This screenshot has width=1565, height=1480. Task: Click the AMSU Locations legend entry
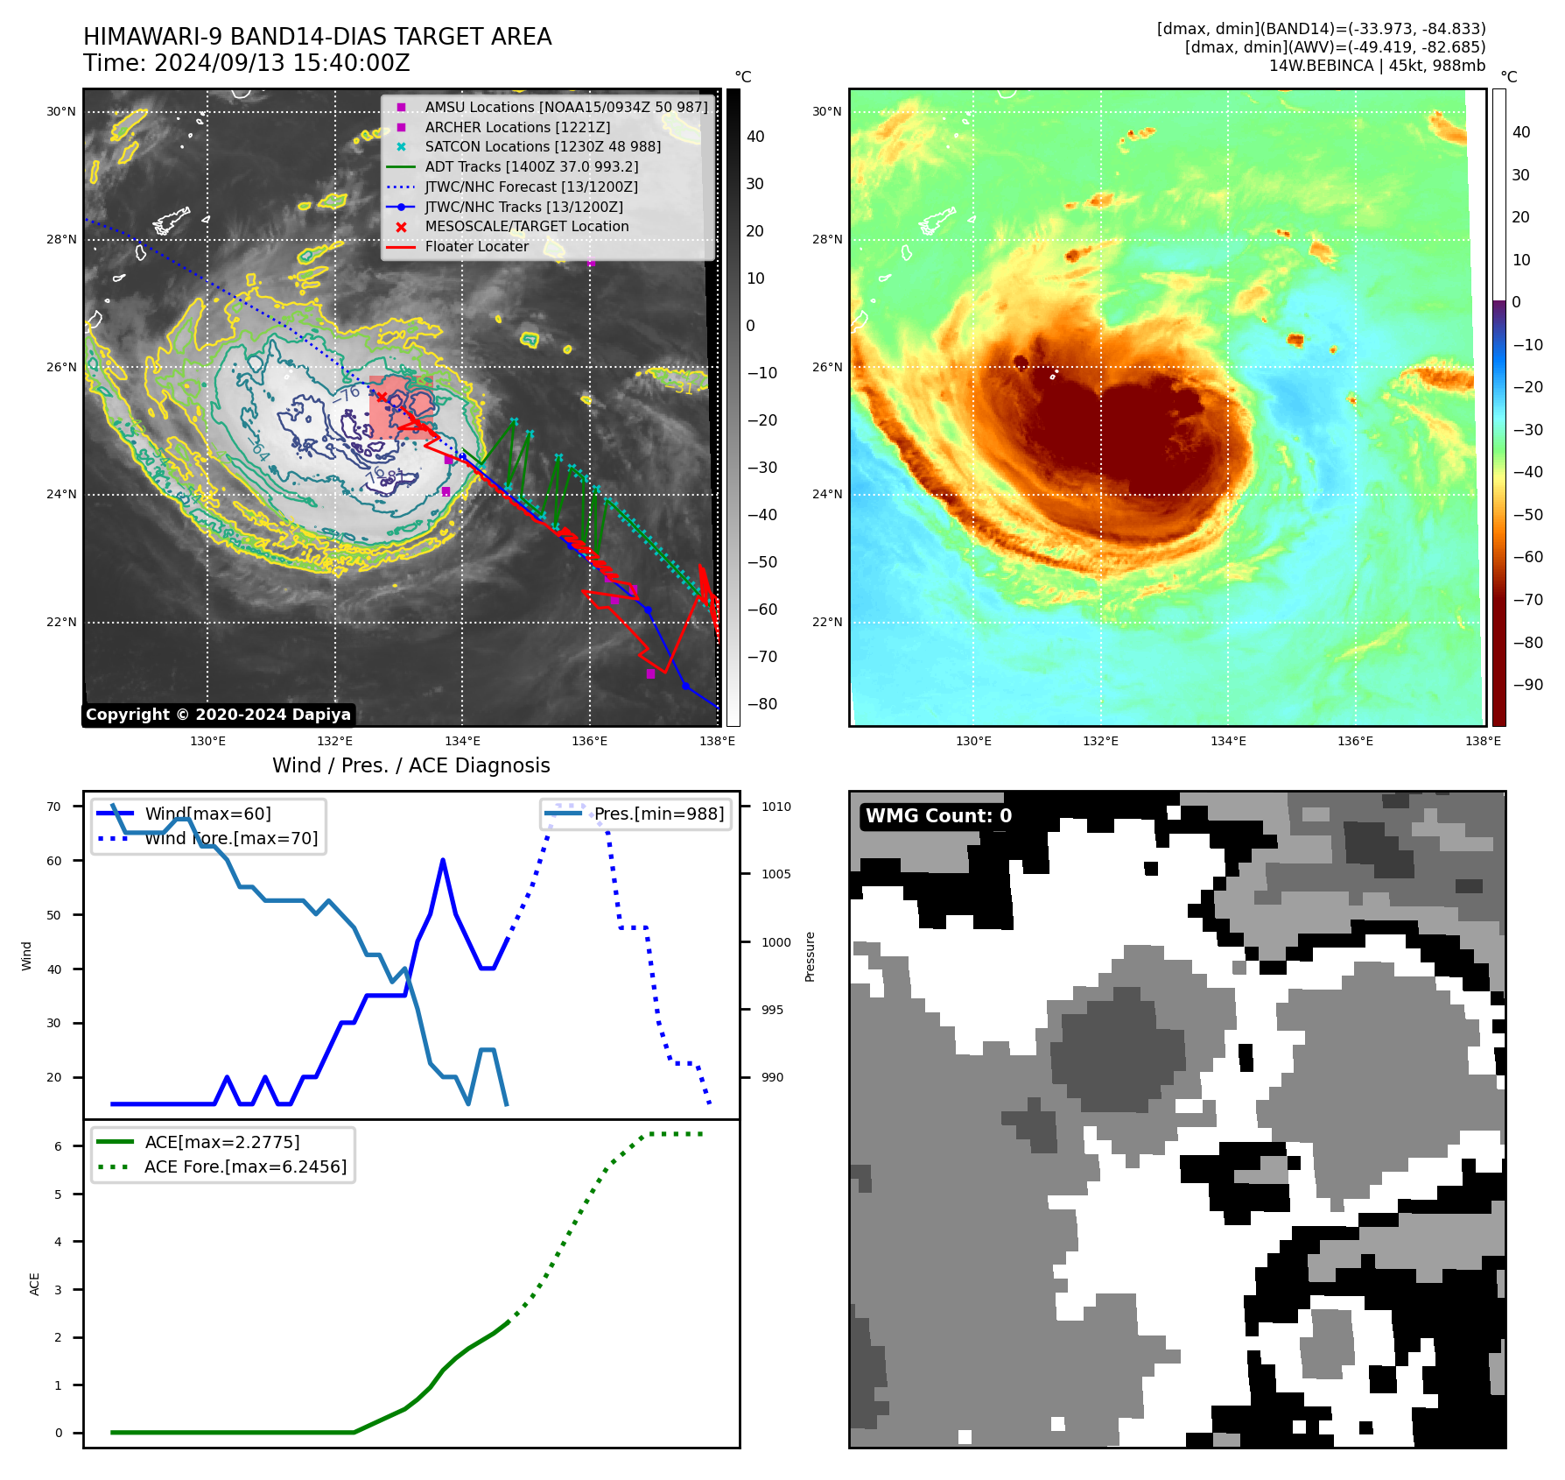point(565,107)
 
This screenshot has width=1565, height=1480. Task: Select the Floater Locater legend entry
point(476,247)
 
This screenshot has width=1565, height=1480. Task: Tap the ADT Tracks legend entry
point(531,166)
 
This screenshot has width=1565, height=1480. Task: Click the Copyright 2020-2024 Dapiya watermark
point(218,715)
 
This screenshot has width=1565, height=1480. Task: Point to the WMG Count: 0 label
point(938,816)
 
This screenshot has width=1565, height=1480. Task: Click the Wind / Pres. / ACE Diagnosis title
point(411,765)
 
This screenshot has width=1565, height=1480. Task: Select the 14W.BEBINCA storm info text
point(1377,66)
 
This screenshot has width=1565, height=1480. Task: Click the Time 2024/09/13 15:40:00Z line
point(246,63)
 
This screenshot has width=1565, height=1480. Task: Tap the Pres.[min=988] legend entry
point(658,814)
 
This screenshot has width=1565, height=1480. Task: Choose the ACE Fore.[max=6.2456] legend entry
point(245,1166)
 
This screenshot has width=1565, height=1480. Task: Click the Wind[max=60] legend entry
point(207,814)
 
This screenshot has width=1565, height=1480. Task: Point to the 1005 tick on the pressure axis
point(775,874)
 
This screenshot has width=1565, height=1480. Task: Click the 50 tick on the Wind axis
point(54,915)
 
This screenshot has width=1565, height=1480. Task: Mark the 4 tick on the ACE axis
point(59,1242)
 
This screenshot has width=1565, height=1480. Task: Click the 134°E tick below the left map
point(462,742)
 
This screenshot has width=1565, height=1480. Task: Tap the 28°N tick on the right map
point(826,239)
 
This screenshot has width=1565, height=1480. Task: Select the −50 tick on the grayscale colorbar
point(761,562)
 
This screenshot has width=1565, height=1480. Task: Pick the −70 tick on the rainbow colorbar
point(1527,600)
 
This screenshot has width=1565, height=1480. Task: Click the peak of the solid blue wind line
point(443,860)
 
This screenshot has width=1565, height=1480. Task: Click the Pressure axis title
point(810,956)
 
